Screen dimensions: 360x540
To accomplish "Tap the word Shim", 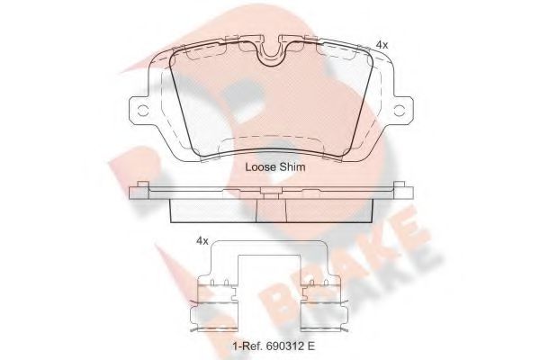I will click(x=292, y=167).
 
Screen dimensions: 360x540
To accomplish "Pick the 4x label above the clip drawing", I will click(x=202, y=240).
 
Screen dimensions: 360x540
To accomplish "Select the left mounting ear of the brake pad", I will click(x=141, y=111).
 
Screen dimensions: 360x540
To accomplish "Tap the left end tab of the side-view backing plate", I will click(x=139, y=190).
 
